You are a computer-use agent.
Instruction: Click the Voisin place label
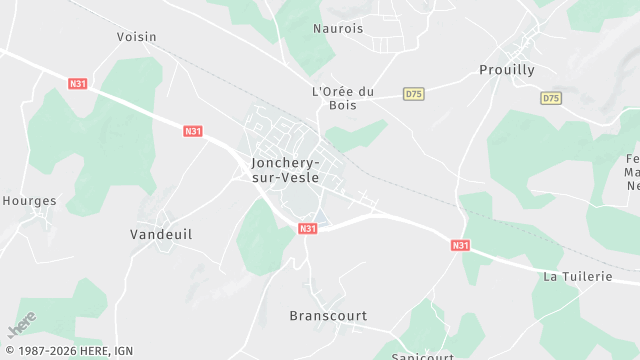(137, 37)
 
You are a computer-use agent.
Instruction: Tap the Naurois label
(338, 29)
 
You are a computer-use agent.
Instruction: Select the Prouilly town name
(507, 70)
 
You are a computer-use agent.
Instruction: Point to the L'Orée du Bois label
(342, 98)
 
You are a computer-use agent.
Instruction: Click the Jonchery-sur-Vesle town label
(285, 169)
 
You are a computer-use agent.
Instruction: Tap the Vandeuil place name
(161, 234)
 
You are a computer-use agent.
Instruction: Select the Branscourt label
(328, 316)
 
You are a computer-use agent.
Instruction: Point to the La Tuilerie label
(577, 276)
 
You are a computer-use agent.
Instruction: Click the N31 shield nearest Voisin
(78, 84)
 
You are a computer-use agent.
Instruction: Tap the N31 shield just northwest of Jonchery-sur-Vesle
(193, 131)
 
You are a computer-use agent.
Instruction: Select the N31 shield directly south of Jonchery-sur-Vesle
(308, 229)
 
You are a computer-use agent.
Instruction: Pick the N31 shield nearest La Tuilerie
(460, 245)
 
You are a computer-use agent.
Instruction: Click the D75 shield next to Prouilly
(550, 98)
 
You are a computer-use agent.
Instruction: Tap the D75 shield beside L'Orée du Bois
(413, 94)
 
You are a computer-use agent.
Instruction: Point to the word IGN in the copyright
(122, 352)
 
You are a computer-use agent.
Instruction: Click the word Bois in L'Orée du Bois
(342, 105)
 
